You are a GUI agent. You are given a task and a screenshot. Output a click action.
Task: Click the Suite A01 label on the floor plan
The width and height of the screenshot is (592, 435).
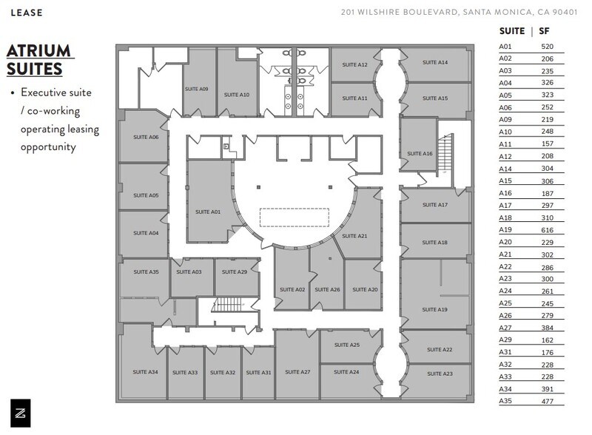[208, 212]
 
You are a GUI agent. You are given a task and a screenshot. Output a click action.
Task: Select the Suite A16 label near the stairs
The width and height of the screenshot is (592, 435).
[417, 153]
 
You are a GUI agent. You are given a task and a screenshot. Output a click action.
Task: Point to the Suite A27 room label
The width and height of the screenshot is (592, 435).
[297, 371]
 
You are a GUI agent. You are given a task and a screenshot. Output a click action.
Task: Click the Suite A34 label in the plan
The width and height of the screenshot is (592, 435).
[145, 371]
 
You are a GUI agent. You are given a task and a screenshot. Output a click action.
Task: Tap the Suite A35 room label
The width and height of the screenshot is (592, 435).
[146, 272]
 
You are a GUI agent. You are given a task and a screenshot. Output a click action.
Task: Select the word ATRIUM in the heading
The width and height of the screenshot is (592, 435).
[38, 51]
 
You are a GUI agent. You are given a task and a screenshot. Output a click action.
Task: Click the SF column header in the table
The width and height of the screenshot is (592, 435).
[545, 31]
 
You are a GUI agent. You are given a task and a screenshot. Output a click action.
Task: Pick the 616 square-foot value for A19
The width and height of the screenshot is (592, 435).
[547, 231]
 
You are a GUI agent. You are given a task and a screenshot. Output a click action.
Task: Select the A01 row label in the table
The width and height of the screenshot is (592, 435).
[505, 46]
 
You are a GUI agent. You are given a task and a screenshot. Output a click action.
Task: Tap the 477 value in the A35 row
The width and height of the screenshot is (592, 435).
[547, 402]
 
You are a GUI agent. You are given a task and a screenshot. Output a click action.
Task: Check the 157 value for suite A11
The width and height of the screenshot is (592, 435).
[547, 144]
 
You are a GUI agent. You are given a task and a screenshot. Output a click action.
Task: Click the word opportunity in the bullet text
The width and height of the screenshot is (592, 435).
[49, 146]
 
